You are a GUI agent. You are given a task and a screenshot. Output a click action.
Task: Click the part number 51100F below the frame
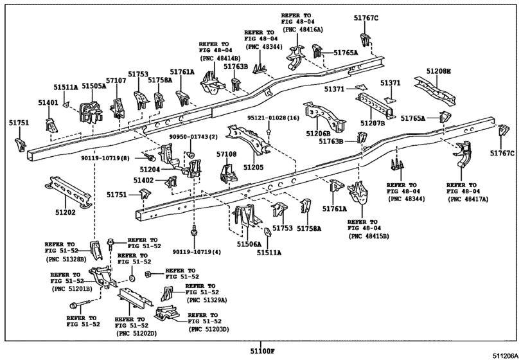[263, 351]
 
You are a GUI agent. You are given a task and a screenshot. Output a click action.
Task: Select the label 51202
[66, 212]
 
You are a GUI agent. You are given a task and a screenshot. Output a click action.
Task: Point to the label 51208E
[439, 71]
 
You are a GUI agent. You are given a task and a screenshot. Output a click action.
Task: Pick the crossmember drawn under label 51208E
[435, 91]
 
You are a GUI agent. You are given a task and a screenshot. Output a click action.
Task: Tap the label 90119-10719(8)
[105, 158]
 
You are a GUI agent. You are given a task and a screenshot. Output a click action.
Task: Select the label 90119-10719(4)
[197, 252]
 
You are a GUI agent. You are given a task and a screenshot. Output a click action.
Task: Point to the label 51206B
[318, 133]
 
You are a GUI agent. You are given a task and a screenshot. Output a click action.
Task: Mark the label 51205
[253, 167]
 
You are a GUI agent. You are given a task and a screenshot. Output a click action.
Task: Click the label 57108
[227, 154]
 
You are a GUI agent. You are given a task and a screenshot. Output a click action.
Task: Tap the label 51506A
[249, 244]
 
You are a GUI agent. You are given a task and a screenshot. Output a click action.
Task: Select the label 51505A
[94, 86]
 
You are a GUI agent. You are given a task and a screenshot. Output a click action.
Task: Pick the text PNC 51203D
[209, 329]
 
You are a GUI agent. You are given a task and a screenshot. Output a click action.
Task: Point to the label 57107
[116, 80]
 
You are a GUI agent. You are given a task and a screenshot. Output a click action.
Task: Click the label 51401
[48, 103]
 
